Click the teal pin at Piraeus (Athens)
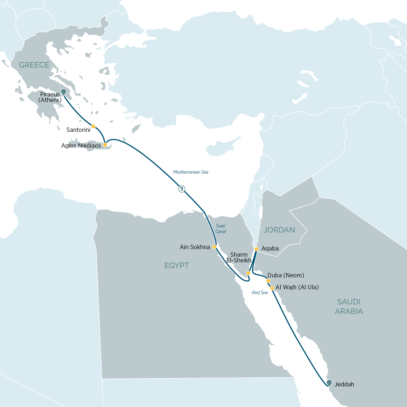[x=63, y=92]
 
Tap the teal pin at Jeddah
[x=329, y=383]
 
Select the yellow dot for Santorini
[x=93, y=126]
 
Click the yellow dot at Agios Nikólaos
[x=105, y=145]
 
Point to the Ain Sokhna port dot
[x=214, y=247]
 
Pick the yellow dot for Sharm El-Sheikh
[x=248, y=273]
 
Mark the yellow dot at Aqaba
[x=256, y=249]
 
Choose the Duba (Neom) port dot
[x=268, y=281]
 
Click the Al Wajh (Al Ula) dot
[x=272, y=288]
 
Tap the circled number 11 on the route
[x=182, y=189]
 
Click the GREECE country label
[x=34, y=65]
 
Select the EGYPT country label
[x=177, y=265]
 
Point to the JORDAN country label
[x=279, y=230]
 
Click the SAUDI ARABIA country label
[x=349, y=307]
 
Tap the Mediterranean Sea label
[x=190, y=172]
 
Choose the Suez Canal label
[x=221, y=228]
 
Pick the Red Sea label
[x=260, y=292]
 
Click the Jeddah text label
[x=344, y=384]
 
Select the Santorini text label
[x=78, y=130]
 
